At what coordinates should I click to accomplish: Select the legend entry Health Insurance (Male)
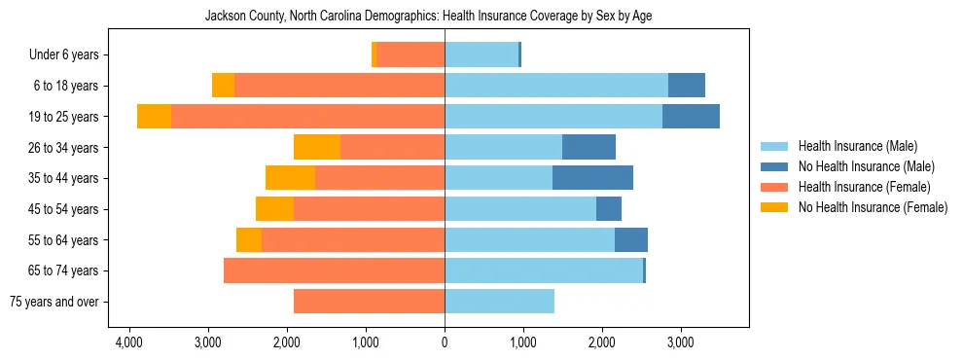point(857,146)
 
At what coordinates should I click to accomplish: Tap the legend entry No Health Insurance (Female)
point(873,207)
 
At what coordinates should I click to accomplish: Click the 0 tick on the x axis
point(445,342)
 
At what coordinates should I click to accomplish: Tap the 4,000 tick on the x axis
point(129,342)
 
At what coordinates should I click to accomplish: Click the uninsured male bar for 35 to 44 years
point(592,178)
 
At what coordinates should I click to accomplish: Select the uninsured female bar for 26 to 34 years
point(317,147)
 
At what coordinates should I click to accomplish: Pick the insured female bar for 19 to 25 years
point(307,117)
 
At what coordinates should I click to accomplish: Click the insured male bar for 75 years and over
point(499,302)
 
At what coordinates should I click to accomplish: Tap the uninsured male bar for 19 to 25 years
point(691,117)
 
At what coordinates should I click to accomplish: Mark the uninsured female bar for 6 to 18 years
point(223,86)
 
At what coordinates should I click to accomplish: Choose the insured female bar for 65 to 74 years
point(334,270)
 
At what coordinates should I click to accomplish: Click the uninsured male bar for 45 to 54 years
point(608,209)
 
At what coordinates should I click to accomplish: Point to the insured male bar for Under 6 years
point(481,54)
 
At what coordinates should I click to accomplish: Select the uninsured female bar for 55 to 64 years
point(249,240)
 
